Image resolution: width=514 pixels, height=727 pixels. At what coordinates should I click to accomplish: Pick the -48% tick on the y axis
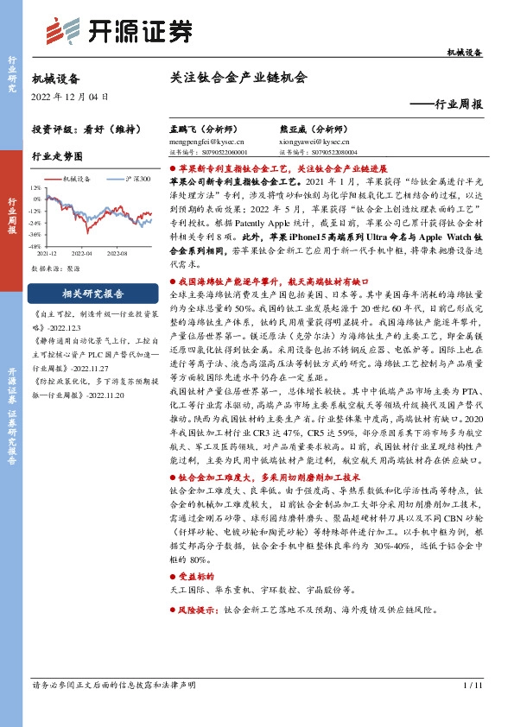[x=35, y=244]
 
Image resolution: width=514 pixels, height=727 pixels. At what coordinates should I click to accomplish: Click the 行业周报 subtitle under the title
[x=457, y=104]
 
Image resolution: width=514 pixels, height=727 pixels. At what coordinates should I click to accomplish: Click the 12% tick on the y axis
[x=35, y=186]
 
